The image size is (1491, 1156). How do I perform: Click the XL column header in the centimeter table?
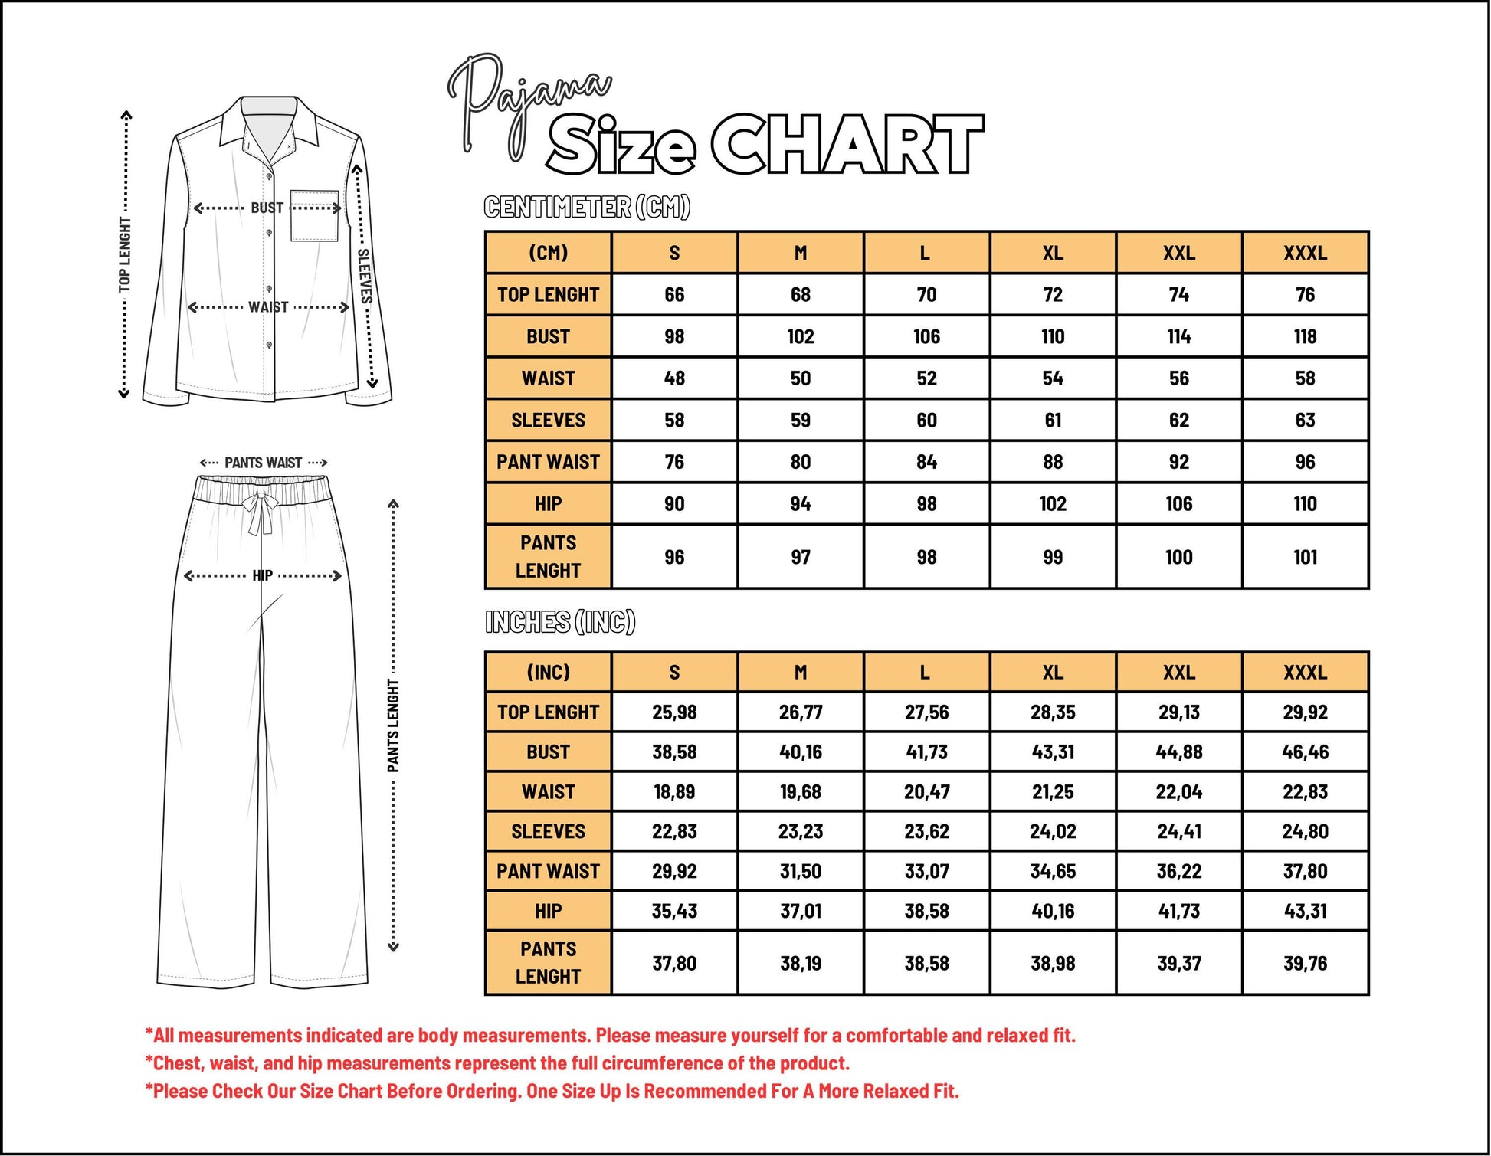pyautogui.click(x=1053, y=253)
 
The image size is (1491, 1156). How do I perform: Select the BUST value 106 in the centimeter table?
pyautogui.click(x=926, y=336)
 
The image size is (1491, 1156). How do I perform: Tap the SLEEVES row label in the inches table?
pyautogui.click(x=548, y=831)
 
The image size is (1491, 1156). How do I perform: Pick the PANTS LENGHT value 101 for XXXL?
pyautogui.click(x=1305, y=557)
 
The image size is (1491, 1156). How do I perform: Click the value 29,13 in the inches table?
pyautogui.click(x=1178, y=712)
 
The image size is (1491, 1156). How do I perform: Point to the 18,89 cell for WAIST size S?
pyautogui.click(x=674, y=791)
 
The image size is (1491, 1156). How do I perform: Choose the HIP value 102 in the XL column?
pyautogui.click(x=1053, y=504)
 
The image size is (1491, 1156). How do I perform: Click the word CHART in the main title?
pyautogui.click(x=847, y=145)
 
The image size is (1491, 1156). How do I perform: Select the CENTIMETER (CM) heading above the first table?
pyautogui.click(x=587, y=207)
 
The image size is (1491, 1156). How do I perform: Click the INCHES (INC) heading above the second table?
pyautogui.click(x=560, y=622)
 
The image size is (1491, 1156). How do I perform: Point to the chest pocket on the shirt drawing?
pyautogui.click(x=314, y=217)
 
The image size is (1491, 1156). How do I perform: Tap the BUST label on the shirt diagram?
pyautogui.click(x=267, y=208)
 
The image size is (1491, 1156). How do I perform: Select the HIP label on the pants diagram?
pyautogui.click(x=262, y=575)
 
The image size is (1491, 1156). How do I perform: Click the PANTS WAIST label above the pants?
pyautogui.click(x=263, y=463)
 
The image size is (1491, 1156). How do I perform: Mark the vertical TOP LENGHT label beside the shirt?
pyautogui.click(x=125, y=254)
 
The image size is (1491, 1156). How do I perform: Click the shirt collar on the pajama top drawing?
pyautogui.click(x=270, y=123)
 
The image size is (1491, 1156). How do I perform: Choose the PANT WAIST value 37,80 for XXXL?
pyautogui.click(x=1305, y=871)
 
